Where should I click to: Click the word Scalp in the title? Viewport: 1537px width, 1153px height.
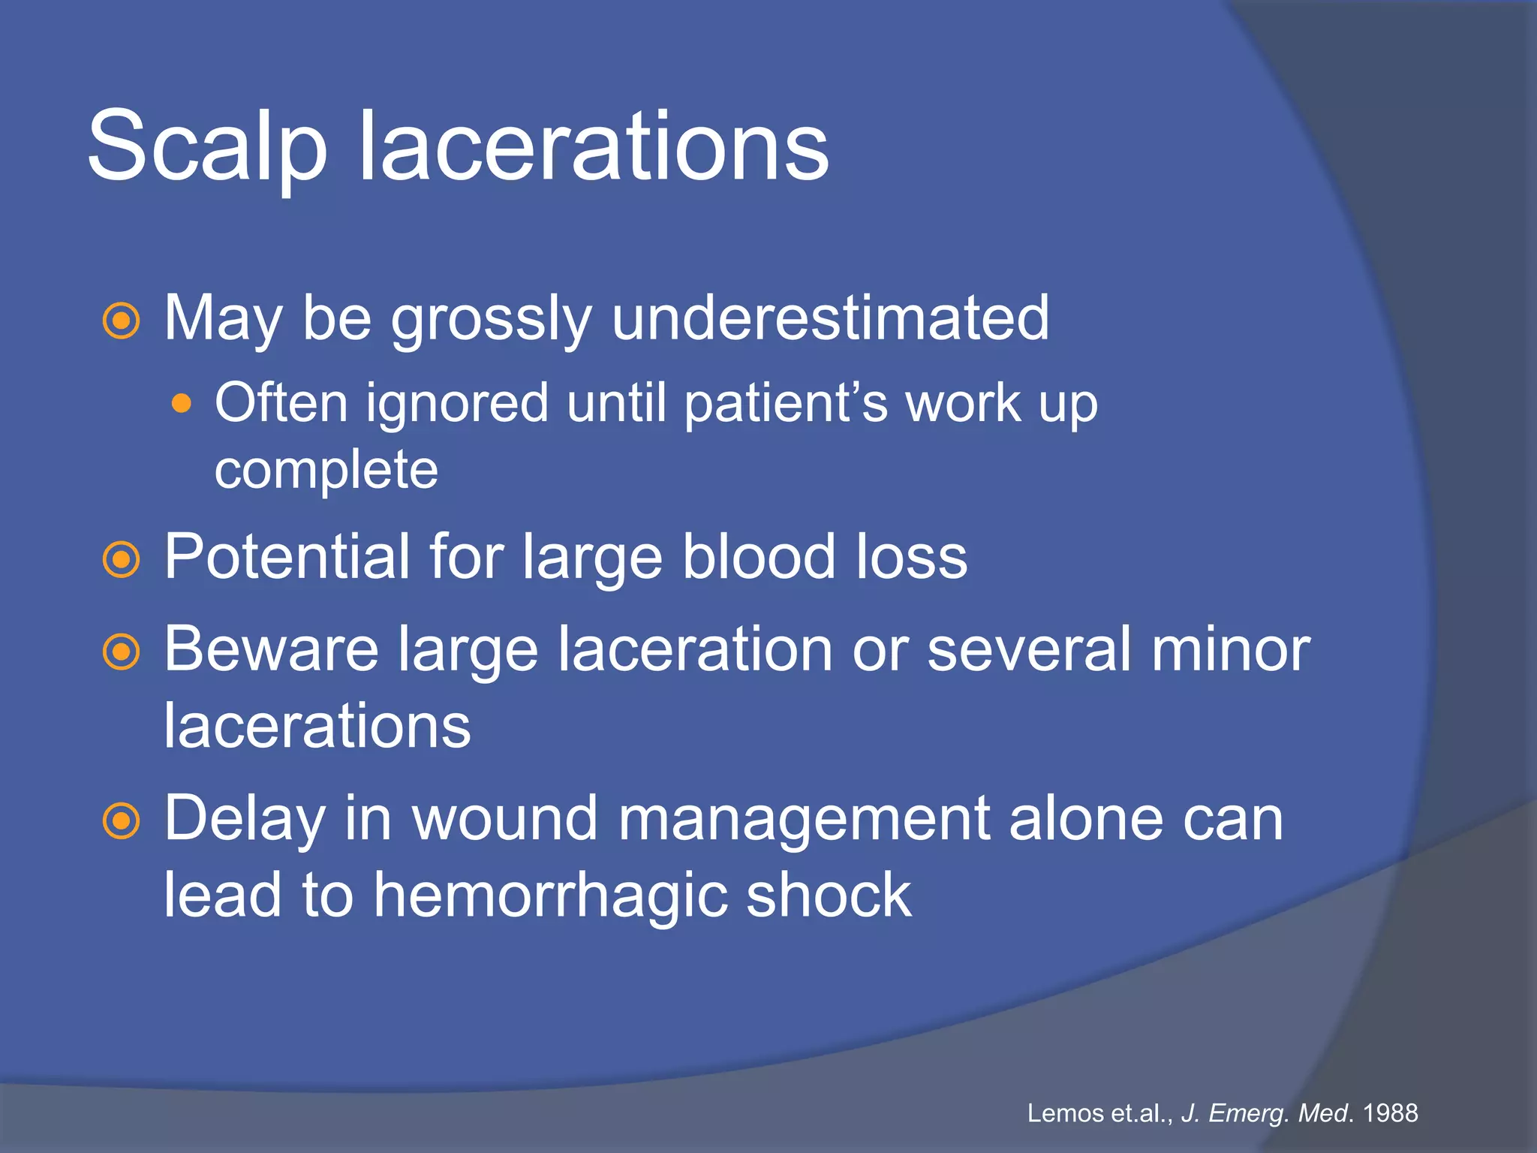pos(207,146)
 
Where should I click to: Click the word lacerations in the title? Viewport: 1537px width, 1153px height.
pos(594,146)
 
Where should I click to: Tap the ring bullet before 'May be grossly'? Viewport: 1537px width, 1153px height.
pos(121,321)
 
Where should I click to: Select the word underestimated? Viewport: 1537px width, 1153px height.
pos(830,318)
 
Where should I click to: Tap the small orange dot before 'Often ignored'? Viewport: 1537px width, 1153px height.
pos(181,405)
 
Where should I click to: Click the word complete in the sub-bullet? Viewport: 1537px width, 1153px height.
pos(326,471)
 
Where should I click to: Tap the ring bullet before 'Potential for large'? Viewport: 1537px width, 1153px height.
pos(121,559)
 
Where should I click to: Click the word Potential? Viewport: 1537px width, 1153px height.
pos(286,557)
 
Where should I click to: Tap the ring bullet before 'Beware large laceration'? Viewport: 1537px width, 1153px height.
pos(121,652)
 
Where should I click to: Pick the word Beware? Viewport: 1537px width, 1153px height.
pos(271,649)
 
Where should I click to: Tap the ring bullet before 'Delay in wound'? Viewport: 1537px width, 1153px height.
pos(121,821)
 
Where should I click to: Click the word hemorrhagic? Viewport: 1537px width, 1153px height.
pos(550,896)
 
